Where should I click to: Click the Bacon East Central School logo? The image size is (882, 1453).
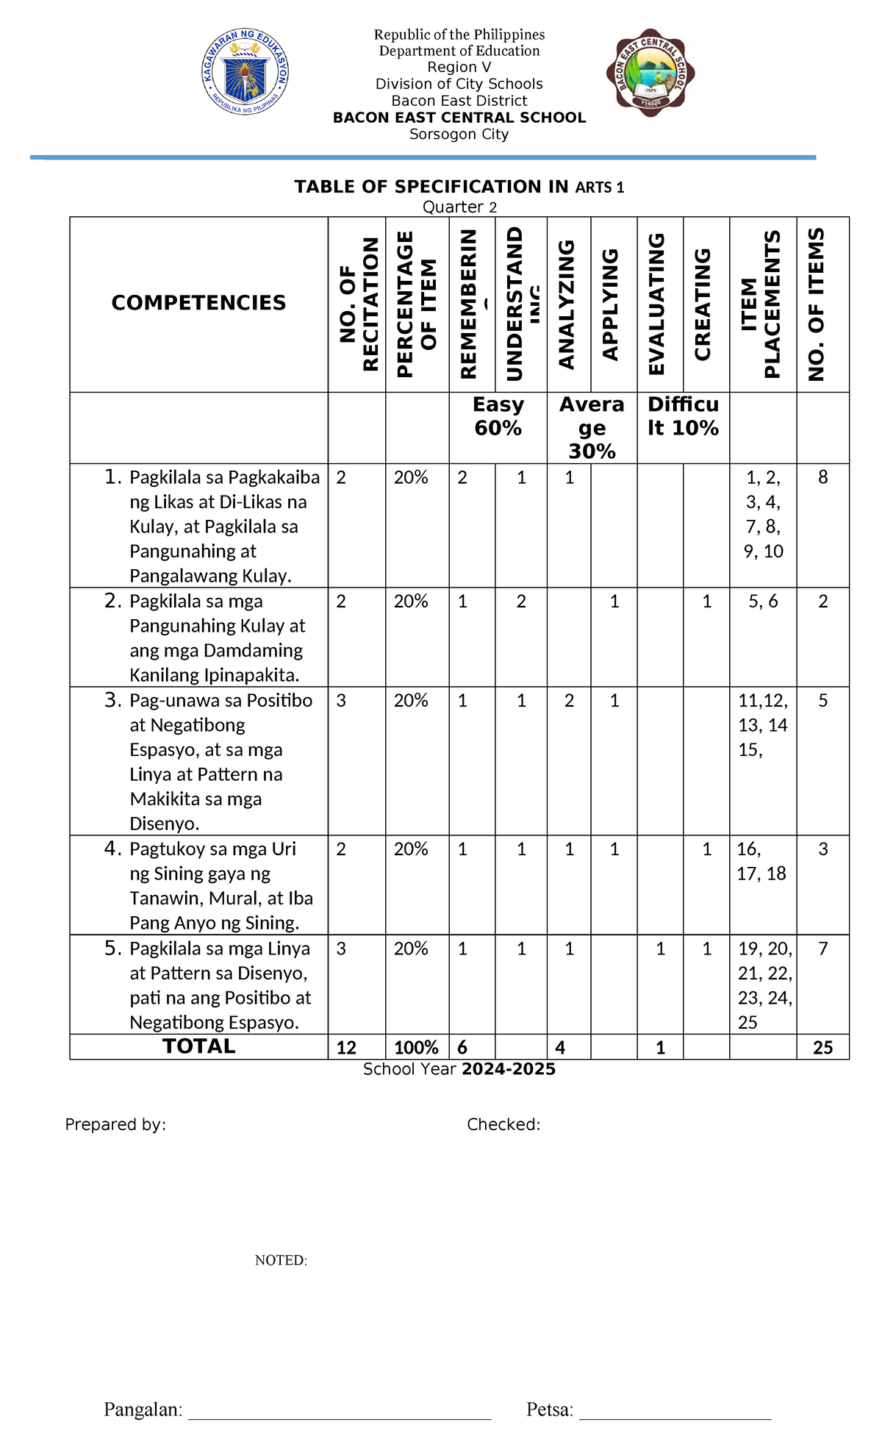coord(650,72)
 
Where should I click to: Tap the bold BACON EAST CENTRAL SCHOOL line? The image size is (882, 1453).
coord(459,118)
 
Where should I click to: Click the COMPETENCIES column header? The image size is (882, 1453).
coord(198,303)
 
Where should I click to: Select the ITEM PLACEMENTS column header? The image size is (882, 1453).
coord(761,304)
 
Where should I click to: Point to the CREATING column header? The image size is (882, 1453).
coord(703,304)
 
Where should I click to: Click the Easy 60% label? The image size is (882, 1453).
coord(498,416)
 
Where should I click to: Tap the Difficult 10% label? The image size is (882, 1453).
coord(683,416)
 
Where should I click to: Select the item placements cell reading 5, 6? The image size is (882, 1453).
coord(763,601)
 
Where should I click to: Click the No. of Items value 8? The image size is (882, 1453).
coord(823,478)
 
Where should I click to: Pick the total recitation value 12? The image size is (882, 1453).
coord(346,1048)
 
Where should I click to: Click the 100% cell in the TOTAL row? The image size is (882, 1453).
coord(417,1048)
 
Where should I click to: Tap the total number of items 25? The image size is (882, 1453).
coord(823,1048)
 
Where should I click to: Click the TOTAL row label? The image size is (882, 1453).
coord(198,1046)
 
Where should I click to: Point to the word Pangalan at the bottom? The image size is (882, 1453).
coord(143,1410)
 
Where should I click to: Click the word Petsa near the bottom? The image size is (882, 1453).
coord(550,1410)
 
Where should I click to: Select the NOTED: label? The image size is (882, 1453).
coord(281,1260)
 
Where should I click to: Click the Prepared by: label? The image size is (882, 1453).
coord(115,1124)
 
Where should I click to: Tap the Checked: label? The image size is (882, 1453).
coord(503,1124)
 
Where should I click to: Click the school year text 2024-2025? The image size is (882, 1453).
coord(509,1069)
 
